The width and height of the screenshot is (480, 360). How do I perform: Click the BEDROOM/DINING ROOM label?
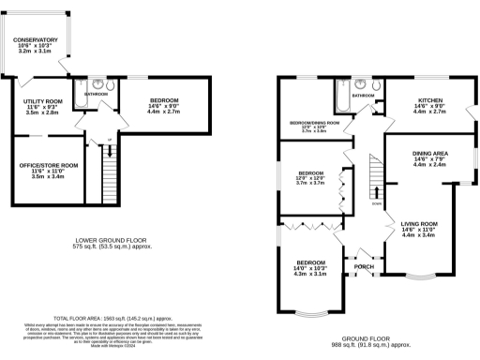click(314, 123)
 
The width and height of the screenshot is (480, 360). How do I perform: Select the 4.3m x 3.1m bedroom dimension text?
click(310, 274)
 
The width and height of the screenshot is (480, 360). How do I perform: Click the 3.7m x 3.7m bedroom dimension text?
click(310, 183)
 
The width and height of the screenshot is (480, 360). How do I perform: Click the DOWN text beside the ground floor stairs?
click(377, 202)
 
